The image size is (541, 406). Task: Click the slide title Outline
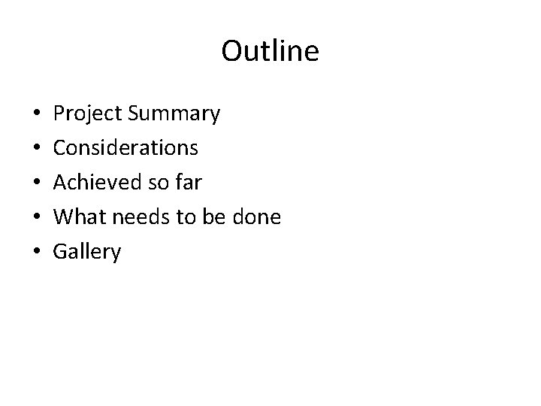270,51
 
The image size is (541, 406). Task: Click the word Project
88,114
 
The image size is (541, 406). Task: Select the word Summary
174,114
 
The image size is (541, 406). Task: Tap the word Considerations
125,148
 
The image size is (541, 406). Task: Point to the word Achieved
93,183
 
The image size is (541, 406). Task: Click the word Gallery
86,253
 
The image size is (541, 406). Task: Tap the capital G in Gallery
60,252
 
